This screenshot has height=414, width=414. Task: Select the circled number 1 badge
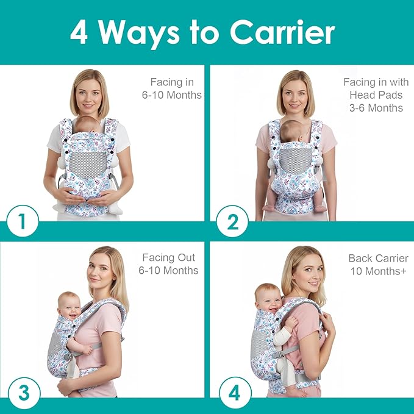pyautogui.click(x=23, y=223)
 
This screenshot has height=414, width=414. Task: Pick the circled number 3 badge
pyautogui.click(x=23, y=391)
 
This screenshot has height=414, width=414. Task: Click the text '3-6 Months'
pyautogui.click(x=376, y=108)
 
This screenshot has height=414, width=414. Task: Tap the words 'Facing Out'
pyautogui.click(x=171, y=257)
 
